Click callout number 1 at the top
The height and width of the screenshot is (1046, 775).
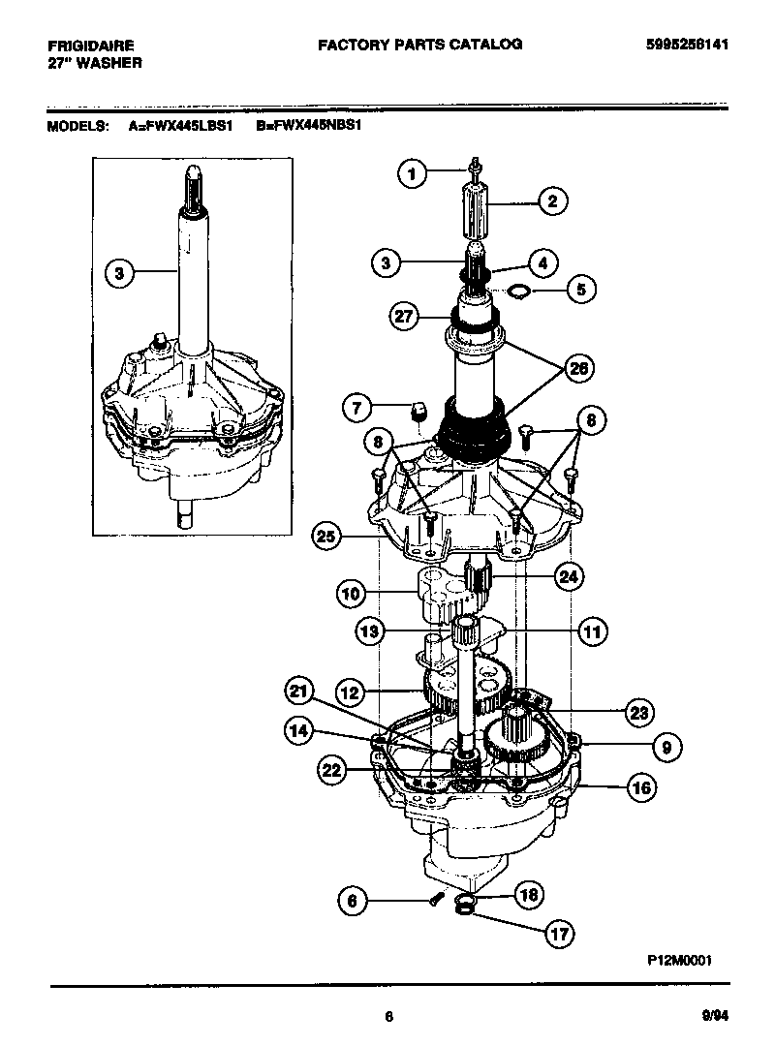(x=412, y=174)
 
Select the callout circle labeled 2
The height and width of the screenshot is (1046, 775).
(x=551, y=202)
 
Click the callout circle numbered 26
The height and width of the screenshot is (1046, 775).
(x=579, y=369)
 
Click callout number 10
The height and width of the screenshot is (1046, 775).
(x=353, y=591)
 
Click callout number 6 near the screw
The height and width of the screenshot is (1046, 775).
(x=353, y=901)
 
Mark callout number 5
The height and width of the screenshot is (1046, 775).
(x=580, y=288)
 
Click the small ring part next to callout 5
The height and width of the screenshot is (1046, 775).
(x=518, y=288)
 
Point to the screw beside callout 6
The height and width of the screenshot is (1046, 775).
(x=435, y=899)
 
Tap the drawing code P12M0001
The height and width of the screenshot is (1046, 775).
(x=680, y=960)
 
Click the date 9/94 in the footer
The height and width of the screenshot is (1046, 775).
(x=714, y=1016)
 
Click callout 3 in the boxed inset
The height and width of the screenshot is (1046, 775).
(x=118, y=273)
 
